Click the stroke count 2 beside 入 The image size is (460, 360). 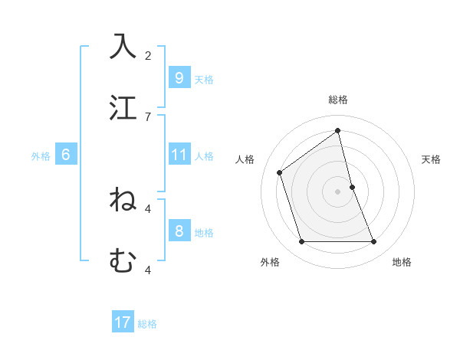[x=148, y=55]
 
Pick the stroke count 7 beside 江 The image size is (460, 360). [x=148, y=116]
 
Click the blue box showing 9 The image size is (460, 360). [x=179, y=77]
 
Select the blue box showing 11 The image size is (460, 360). [x=179, y=155]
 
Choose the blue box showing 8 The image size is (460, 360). [x=179, y=231]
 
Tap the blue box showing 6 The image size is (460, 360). [x=66, y=155]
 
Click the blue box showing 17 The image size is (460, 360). [x=123, y=322]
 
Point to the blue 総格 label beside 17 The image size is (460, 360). [x=147, y=324]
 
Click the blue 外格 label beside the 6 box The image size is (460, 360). [x=41, y=156]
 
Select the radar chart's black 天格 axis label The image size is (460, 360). [x=432, y=159]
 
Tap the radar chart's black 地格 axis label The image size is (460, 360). [x=402, y=262]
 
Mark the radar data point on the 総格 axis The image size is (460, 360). [x=337, y=130]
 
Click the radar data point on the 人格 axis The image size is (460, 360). [x=280, y=172]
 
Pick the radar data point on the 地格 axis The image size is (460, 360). [x=373, y=241]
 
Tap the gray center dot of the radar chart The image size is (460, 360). [x=337, y=191]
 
